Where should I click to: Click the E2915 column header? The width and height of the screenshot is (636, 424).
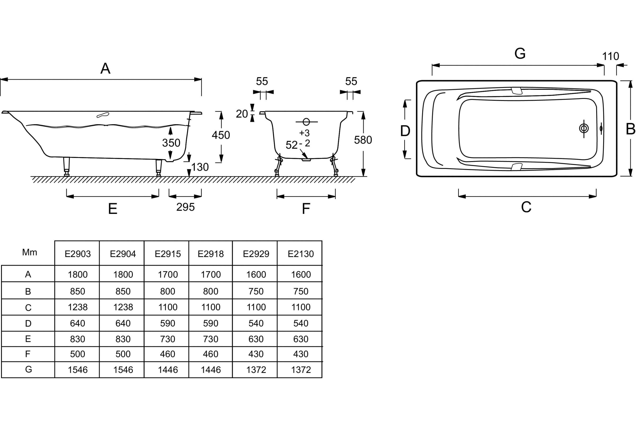click(168, 254)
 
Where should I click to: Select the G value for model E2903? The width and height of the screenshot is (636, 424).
click(78, 370)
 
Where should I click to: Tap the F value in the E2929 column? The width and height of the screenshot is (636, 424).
click(256, 354)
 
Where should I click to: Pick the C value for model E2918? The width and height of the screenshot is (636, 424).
click(211, 307)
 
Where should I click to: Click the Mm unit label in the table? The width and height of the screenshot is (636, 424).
click(29, 252)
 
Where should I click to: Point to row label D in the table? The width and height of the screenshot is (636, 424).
click(28, 323)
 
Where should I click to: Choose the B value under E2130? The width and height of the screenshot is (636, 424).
click(301, 291)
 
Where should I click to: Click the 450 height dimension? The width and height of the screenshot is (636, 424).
click(221, 135)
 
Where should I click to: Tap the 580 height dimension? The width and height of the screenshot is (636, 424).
click(363, 140)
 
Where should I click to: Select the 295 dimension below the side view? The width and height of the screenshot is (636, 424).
click(185, 207)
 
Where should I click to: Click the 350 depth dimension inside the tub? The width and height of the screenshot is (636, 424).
click(171, 143)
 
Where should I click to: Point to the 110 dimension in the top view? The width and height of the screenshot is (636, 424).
click(611, 56)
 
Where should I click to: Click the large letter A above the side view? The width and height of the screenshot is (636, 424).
click(105, 68)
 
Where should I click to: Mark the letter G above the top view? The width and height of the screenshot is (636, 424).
click(520, 53)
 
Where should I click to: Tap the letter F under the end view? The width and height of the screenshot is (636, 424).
click(306, 209)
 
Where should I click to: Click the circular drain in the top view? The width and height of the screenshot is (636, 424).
click(584, 128)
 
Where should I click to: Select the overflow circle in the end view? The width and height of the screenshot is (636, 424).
click(306, 122)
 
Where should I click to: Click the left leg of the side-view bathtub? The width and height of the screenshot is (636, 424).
click(66, 167)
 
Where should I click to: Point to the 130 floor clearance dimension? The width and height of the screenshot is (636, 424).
click(200, 167)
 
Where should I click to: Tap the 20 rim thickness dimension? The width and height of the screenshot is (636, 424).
click(242, 114)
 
